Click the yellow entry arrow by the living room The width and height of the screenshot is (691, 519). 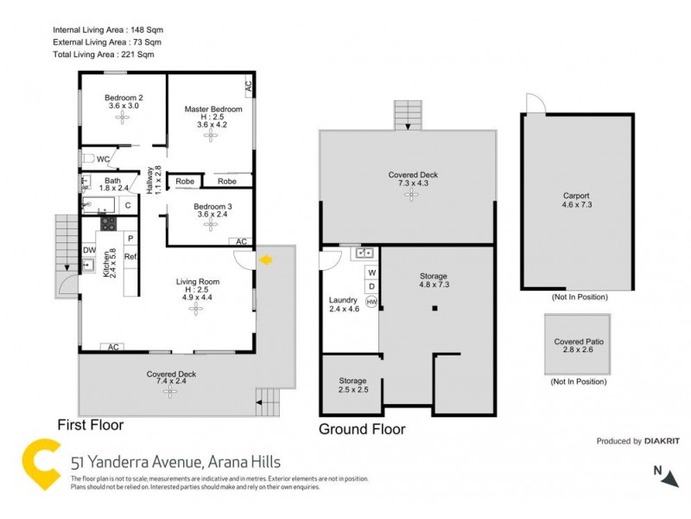[267, 259]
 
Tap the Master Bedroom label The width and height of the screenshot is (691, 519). [213, 110]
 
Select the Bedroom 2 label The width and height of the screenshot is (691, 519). [124, 98]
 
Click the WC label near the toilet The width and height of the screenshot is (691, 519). [103, 159]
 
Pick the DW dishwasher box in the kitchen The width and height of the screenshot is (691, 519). [88, 251]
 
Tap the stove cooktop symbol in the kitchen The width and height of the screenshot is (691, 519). [109, 222]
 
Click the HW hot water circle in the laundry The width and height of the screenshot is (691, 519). [371, 302]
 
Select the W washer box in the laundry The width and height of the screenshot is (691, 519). [371, 272]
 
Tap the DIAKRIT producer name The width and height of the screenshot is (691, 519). [661, 441]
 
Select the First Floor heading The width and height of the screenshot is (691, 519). [90, 425]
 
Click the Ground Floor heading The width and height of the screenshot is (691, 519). [362, 429]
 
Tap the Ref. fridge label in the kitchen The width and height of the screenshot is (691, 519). [132, 257]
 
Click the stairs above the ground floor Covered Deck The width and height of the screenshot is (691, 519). [406, 114]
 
